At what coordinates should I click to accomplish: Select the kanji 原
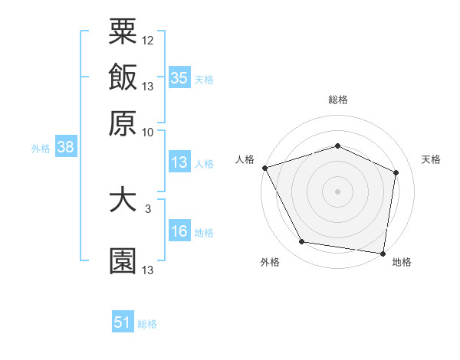(x=123, y=123)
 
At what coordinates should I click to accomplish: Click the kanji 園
(x=123, y=260)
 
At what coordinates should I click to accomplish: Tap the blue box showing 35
(x=179, y=77)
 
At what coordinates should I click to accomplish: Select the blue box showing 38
(x=65, y=148)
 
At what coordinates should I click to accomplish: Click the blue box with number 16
(x=179, y=231)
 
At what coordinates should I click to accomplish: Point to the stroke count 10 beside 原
(x=148, y=132)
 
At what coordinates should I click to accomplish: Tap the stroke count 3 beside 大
(x=148, y=208)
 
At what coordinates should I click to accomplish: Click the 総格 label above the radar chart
(x=337, y=100)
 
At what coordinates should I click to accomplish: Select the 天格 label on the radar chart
(x=431, y=159)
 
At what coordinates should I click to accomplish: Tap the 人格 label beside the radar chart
(x=245, y=159)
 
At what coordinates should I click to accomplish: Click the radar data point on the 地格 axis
(x=383, y=253)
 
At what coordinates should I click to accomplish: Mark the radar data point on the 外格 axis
(x=302, y=242)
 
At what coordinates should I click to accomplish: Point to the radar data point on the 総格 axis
(x=337, y=146)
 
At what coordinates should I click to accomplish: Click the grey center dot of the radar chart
(x=337, y=191)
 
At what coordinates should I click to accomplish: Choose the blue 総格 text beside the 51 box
(x=147, y=324)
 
